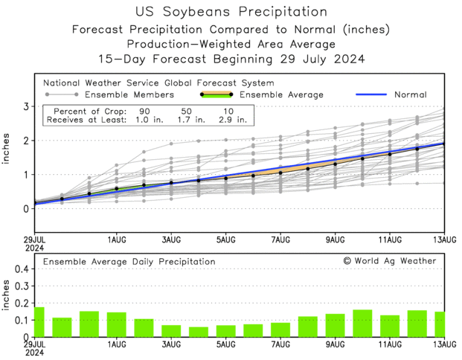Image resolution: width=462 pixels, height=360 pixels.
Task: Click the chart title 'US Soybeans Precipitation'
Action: [231, 12]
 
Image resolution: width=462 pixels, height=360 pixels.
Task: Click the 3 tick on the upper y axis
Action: [25, 107]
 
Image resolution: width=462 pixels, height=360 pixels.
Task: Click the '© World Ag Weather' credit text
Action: [389, 261]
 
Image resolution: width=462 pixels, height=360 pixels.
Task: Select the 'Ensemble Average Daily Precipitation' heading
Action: [129, 262]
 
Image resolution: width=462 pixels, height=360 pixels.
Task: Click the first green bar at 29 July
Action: [39, 322]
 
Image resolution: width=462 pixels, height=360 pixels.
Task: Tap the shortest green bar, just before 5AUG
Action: [199, 332]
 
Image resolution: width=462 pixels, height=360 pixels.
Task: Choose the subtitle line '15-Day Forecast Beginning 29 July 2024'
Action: [231, 59]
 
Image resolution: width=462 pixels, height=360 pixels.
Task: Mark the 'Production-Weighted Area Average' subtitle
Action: [231, 44]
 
